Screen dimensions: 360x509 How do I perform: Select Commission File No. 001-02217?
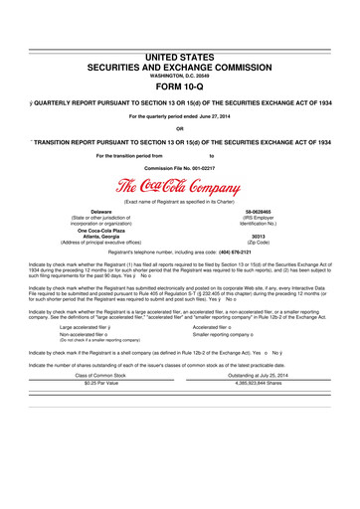(x=180, y=167)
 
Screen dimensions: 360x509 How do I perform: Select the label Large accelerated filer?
(x=93, y=326)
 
